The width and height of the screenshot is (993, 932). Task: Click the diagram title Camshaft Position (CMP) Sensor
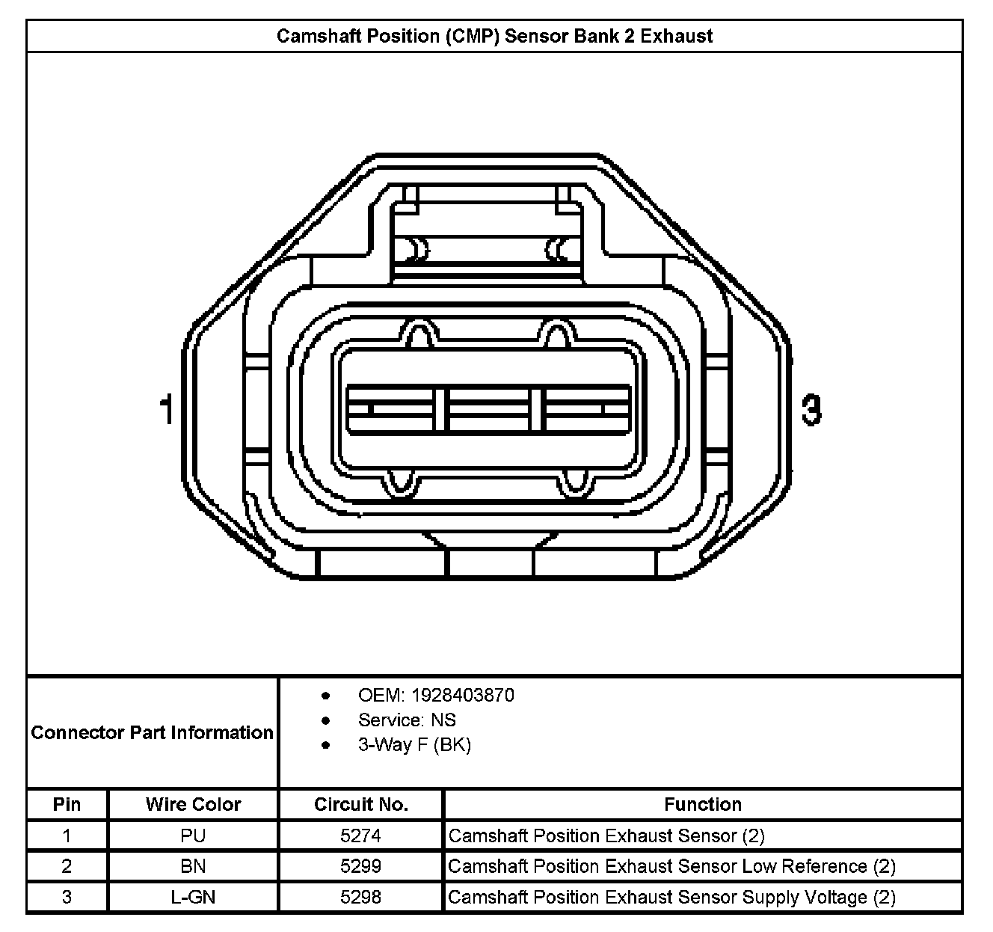click(x=494, y=36)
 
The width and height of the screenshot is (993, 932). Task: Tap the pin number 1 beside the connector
click(x=167, y=410)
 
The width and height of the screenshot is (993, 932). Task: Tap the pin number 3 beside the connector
click(x=811, y=410)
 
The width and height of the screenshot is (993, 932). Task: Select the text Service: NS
click(x=407, y=720)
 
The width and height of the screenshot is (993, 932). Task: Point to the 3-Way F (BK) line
click(x=414, y=745)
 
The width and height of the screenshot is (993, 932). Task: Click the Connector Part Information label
click(x=152, y=732)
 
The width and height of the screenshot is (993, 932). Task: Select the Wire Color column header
click(x=193, y=805)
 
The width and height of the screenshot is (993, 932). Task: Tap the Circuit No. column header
click(x=360, y=805)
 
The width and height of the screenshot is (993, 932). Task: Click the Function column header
click(x=702, y=805)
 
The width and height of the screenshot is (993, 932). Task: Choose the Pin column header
click(x=67, y=805)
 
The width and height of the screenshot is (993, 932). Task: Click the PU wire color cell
click(x=193, y=836)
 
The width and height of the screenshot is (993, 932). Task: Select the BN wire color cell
click(x=193, y=866)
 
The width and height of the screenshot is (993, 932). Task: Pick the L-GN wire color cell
click(x=193, y=897)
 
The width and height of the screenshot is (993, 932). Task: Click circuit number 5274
click(x=360, y=836)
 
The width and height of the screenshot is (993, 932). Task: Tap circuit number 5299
click(x=360, y=866)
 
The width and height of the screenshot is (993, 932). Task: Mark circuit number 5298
click(x=360, y=897)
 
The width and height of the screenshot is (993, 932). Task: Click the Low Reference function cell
click(x=671, y=866)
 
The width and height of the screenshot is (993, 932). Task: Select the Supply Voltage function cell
click(x=671, y=897)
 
